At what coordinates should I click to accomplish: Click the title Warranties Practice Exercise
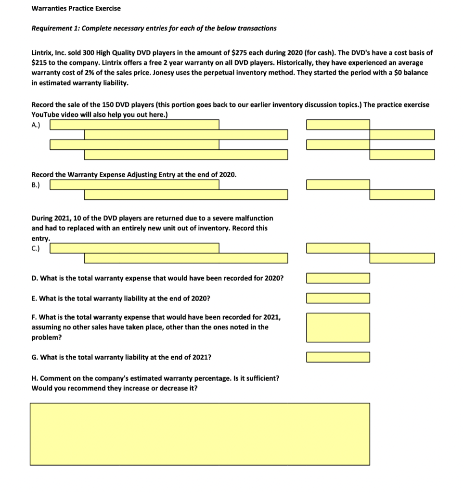tap(76, 8)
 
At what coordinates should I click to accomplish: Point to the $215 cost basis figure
tap(39, 63)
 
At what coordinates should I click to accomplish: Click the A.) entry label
tap(36, 124)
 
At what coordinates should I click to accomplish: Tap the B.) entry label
tap(36, 184)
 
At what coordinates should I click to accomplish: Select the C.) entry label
tap(36, 248)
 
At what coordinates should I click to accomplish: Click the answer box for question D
tap(338, 278)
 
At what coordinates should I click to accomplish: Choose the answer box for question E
tap(338, 298)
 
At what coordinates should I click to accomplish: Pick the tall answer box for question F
tap(338, 326)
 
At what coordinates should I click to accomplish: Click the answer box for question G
tap(338, 357)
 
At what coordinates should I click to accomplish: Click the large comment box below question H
tap(200, 434)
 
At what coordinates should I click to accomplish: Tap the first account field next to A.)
tap(135, 125)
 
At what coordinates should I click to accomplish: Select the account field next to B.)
tap(135, 184)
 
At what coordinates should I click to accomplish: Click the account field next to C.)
tap(135, 248)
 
